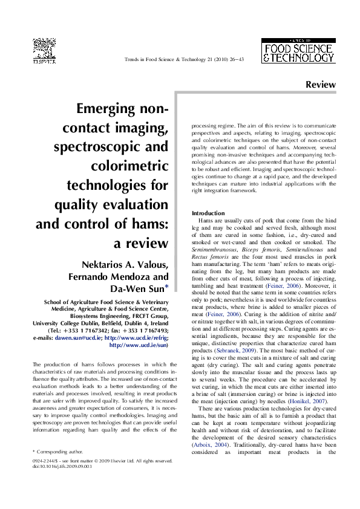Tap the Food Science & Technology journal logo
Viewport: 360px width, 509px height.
coord(298,50)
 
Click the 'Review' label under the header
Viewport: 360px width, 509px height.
coord(320,85)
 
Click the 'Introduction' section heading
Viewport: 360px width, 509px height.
coord(208,213)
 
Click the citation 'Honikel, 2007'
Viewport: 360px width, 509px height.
coord(310,384)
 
